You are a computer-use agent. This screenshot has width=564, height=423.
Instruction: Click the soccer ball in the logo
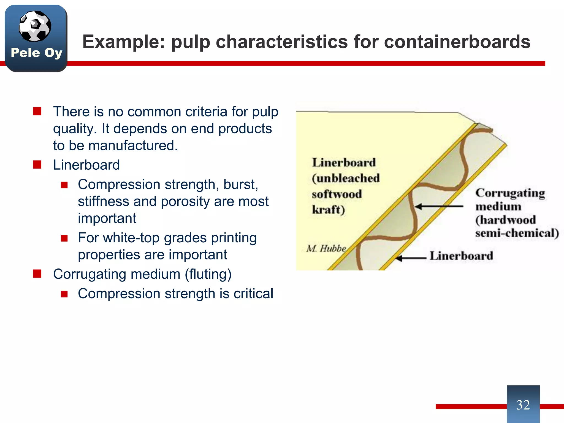[35, 26]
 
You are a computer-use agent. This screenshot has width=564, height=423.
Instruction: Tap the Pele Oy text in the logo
[36, 53]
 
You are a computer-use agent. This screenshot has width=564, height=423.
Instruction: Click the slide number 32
[523, 405]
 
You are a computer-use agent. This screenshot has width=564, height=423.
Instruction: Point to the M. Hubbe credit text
[326, 248]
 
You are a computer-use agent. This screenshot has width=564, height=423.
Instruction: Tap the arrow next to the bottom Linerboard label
[410, 258]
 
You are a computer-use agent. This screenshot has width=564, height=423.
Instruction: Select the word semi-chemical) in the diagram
[517, 233]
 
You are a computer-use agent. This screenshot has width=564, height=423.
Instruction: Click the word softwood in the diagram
[337, 194]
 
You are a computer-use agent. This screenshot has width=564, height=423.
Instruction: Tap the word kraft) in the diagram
[328, 210]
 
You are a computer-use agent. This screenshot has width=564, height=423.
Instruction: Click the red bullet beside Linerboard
[37, 165]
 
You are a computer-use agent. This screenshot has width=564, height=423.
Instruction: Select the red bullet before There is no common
[37, 112]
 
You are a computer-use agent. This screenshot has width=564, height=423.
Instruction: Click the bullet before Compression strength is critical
[64, 294]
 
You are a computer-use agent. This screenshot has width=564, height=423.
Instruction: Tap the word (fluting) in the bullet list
[208, 274]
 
